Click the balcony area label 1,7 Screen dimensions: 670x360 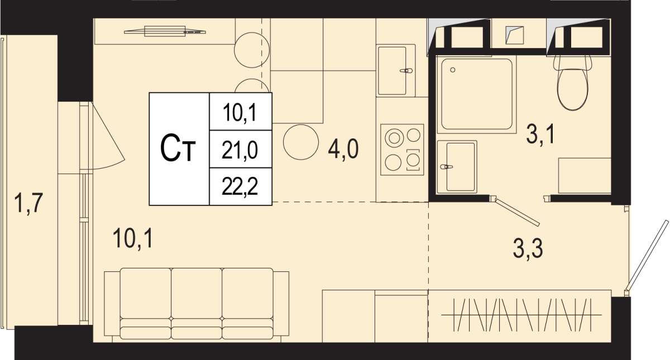click(x=28, y=203)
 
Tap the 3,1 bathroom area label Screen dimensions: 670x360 click(x=540, y=135)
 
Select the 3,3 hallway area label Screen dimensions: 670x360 click(x=528, y=248)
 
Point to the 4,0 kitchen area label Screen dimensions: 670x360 click(x=343, y=149)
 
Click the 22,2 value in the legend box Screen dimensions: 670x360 click(x=240, y=186)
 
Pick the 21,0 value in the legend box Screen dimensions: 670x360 click(x=240, y=150)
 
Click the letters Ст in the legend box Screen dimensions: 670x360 click(x=178, y=148)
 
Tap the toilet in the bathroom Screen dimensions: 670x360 click(x=572, y=83)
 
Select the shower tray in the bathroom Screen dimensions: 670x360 click(x=477, y=94)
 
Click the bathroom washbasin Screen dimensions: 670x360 click(x=457, y=167)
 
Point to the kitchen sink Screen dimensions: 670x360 click(x=396, y=70)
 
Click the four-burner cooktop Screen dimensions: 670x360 click(x=402, y=150)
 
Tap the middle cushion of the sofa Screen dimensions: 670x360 click(x=197, y=304)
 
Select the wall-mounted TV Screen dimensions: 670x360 click(x=165, y=31)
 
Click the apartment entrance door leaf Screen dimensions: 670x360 click(x=647, y=256)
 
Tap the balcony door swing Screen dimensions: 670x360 click(x=107, y=136)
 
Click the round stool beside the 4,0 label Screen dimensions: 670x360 click(x=301, y=142)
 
